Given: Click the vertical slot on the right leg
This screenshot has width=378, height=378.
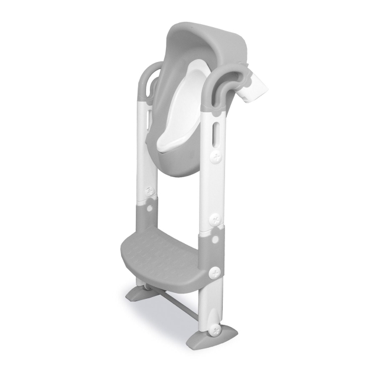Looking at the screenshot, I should coord(216,130).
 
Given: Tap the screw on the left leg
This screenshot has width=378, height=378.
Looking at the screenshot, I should coord(150,190).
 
